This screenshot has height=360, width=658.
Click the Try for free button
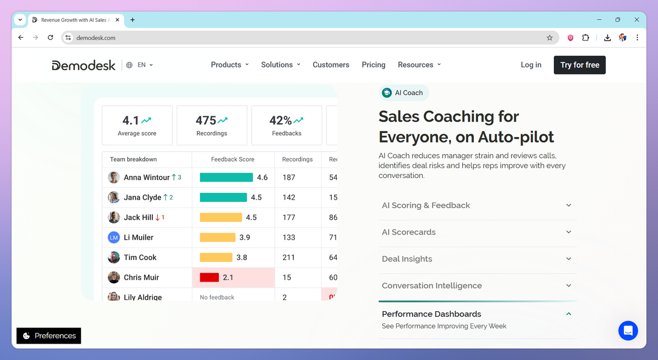tap(580, 65)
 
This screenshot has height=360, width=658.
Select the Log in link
tap(531, 65)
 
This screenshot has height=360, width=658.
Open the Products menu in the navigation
tap(229, 65)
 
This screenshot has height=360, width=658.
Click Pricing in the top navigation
tap(373, 65)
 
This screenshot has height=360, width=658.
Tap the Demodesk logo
tap(83, 65)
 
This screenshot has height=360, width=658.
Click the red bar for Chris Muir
tap(209, 277)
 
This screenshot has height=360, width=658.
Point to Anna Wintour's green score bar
tap(226, 178)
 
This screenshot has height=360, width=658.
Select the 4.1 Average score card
tap(137, 125)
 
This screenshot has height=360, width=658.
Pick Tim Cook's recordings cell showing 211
tap(288, 258)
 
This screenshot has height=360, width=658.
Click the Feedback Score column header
tap(232, 159)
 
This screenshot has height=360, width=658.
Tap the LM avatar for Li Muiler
tap(114, 237)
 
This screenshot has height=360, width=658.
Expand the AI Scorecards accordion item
tap(477, 232)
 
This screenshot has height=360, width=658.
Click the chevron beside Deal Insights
tap(569, 259)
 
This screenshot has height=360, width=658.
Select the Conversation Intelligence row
tap(477, 285)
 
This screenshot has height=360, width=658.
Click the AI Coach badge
tap(404, 93)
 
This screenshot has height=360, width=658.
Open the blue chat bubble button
tap(628, 331)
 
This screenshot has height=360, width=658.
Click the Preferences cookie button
tap(49, 336)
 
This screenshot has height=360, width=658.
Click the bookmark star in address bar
tap(549, 38)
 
